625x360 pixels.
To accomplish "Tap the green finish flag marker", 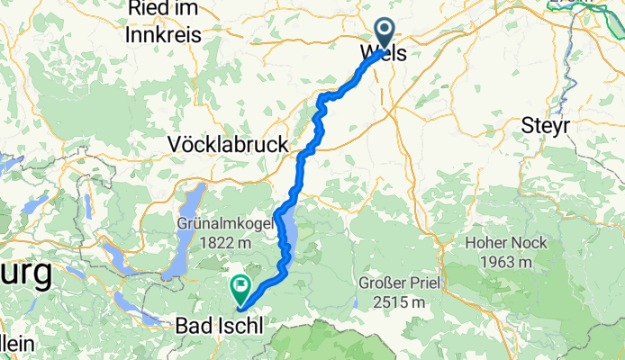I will coord(240,288).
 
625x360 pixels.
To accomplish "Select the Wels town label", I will coord(384,54).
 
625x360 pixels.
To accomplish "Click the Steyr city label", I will coord(546,127).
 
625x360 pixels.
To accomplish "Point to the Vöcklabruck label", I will coord(229,144).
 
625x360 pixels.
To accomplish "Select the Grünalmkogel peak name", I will coord(220,224).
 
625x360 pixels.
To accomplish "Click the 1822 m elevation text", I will coord(220,243).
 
